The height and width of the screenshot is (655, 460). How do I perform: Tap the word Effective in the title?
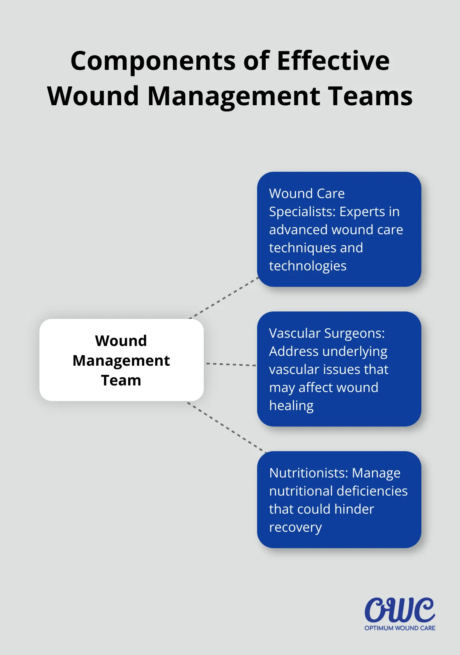[x=333, y=61]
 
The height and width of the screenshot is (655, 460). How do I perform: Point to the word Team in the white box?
[x=121, y=381]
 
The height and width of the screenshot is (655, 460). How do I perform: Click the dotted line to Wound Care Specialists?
[x=224, y=298]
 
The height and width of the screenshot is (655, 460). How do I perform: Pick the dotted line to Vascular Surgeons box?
[x=231, y=364]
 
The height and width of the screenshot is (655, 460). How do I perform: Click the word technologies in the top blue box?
[x=308, y=266]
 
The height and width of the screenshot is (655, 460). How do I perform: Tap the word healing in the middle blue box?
[x=291, y=406]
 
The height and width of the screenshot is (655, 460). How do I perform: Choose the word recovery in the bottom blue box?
[x=295, y=528]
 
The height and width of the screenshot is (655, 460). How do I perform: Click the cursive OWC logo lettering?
[x=399, y=610]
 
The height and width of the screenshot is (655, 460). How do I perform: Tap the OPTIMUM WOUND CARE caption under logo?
[x=400, y=628]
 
